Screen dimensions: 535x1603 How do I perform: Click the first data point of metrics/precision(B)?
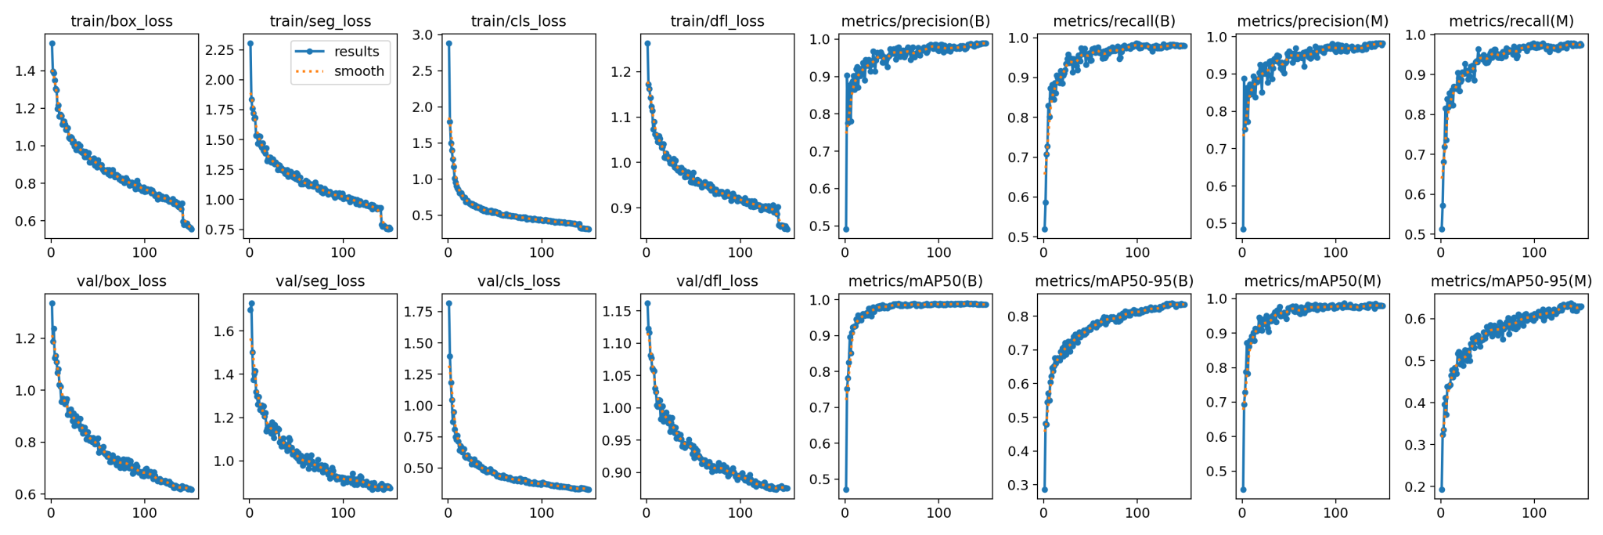point(846,230)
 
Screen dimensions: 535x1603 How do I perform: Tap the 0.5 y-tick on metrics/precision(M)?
point(1221,223)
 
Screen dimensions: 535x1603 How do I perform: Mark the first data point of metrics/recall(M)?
point(1442,230)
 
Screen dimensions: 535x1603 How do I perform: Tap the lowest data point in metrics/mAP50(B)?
point(846,490)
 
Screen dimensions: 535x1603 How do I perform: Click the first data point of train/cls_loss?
point(448,44)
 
